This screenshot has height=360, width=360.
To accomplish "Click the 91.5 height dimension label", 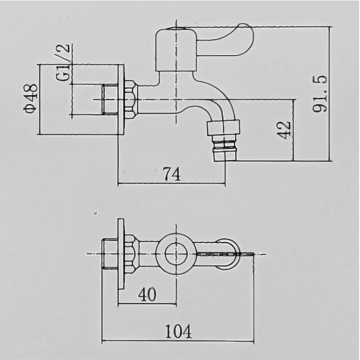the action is point(320,94).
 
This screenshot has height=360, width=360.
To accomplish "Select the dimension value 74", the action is point(172,174).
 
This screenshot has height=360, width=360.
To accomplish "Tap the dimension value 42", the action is point(284,130).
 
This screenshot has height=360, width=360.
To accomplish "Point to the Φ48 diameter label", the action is point(31,99).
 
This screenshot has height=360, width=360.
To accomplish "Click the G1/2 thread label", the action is point(62,62).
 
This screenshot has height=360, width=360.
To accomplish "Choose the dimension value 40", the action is point(147,294).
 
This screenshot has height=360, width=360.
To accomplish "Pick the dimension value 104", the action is point(179,331).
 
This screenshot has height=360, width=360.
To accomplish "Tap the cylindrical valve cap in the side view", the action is point(176,50).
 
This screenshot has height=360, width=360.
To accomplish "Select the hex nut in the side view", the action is point(131,99).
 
